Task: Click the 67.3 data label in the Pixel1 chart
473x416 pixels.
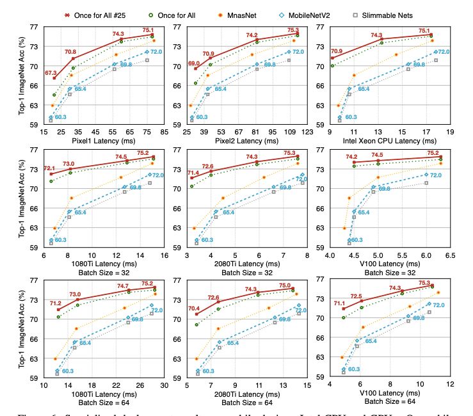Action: click(51, 74)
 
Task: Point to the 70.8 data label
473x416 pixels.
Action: click(70, 52)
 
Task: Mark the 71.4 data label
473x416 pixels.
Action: click(193, 173)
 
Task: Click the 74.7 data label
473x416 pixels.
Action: click(123, 286)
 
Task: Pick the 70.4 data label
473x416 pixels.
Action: click(194, 309)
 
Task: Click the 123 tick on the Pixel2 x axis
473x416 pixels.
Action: click(307, 132)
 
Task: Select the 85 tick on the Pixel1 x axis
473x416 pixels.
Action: click(164, 132)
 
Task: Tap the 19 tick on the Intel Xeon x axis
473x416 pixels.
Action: click(450, 132)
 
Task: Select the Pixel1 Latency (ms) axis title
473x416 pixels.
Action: click(104, 140)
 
